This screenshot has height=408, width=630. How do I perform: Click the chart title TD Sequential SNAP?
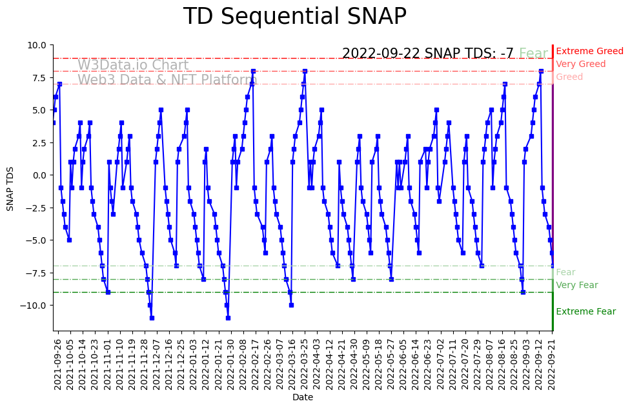(294, 17)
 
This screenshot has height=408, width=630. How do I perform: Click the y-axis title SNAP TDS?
(10, 188)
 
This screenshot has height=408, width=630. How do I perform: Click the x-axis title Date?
(303, 398)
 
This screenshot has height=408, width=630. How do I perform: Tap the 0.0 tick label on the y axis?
(40, 175)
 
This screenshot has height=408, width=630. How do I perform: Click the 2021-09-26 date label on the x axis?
(58, 364)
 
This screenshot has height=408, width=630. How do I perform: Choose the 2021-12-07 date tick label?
(156, 364)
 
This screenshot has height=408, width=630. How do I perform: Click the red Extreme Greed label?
(589, 52)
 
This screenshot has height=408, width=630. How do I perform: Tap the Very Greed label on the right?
(580, 64)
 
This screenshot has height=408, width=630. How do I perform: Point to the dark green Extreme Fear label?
(585, 312)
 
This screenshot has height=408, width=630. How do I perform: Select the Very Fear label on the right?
(576, 286)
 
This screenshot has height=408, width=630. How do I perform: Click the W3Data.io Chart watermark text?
(133, 66)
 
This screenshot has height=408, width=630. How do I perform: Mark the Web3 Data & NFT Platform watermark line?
(167, 81)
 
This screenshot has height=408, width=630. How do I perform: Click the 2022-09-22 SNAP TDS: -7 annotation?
(427, 53)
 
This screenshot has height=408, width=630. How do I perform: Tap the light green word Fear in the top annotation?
(533, 53)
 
